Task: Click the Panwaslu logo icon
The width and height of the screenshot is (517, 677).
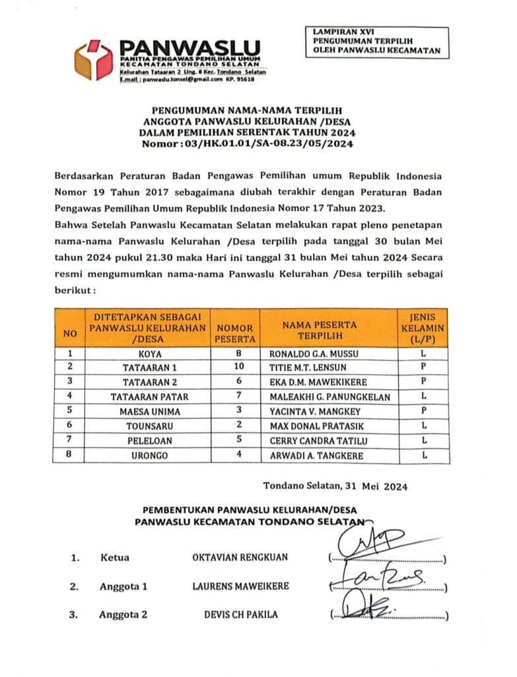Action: pyautogui.click(x=94, y=60)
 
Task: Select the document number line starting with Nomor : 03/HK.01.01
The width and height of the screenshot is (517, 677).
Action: pyautogui.click(x=248, y=143)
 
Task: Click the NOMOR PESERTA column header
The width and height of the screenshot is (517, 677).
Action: pyautogui.click(x=235, y=328)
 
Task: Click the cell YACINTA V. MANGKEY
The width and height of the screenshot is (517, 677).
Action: pyautogui.click(x=316, y=411)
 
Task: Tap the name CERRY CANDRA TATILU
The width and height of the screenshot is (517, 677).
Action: pyautogui.click(x=319, y=441)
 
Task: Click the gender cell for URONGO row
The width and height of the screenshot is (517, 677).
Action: pyautogui.click(x=425, y=456)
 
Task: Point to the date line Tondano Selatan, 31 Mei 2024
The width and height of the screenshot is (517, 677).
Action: pyautogui.click(x=335, y=487)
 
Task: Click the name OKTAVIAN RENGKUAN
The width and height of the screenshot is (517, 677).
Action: pyautogui.click(x=240, y=557)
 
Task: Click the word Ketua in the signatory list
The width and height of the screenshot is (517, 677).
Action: pyautogui.click(x=115, y=557)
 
